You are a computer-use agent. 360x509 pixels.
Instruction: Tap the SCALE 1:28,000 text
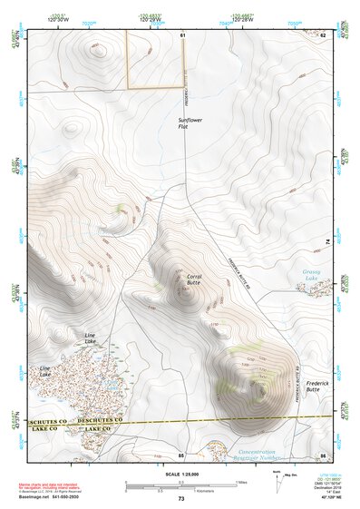point(180,474)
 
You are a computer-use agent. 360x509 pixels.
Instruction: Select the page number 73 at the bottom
point(180,499)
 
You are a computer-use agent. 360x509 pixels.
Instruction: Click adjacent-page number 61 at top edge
point(182,34)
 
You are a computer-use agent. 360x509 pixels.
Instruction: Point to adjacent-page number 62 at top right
point(323,34)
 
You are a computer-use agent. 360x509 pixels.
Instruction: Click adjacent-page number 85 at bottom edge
point(181,454)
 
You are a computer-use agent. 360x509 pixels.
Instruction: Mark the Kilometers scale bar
point(180,488)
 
